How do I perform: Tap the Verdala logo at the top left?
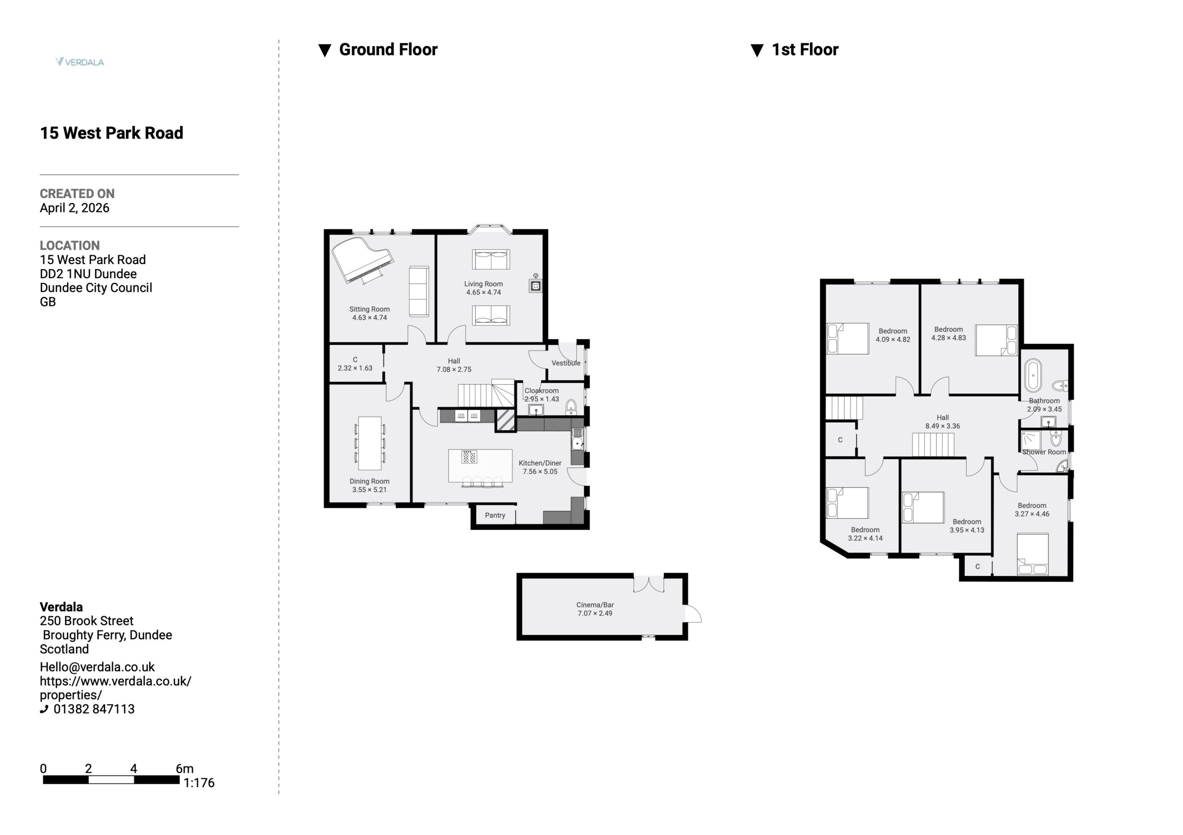pos(80,62)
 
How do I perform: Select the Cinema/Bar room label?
pos(595,605)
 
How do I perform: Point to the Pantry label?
pos(494,515)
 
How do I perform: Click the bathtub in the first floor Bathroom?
pos(1033,376)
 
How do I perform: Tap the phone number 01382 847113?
pos(94,709)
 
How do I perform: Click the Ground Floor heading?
pos(388,49)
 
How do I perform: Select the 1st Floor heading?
pos(805,49)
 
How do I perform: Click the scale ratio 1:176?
pos(199,782)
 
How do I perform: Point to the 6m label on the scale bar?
pos(184,769)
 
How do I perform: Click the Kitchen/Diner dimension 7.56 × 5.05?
pos(540,472)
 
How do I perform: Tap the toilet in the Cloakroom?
pos(571,407)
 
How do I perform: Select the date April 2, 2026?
pos(75,208)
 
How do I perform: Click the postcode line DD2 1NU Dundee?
pos(88,274)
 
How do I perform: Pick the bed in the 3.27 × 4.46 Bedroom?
pos(1032,554)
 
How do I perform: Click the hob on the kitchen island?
pos(469,457)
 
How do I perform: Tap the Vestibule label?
pos(566,363)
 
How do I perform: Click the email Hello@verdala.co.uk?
pos(98,667)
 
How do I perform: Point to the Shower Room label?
pos(1044,452)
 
